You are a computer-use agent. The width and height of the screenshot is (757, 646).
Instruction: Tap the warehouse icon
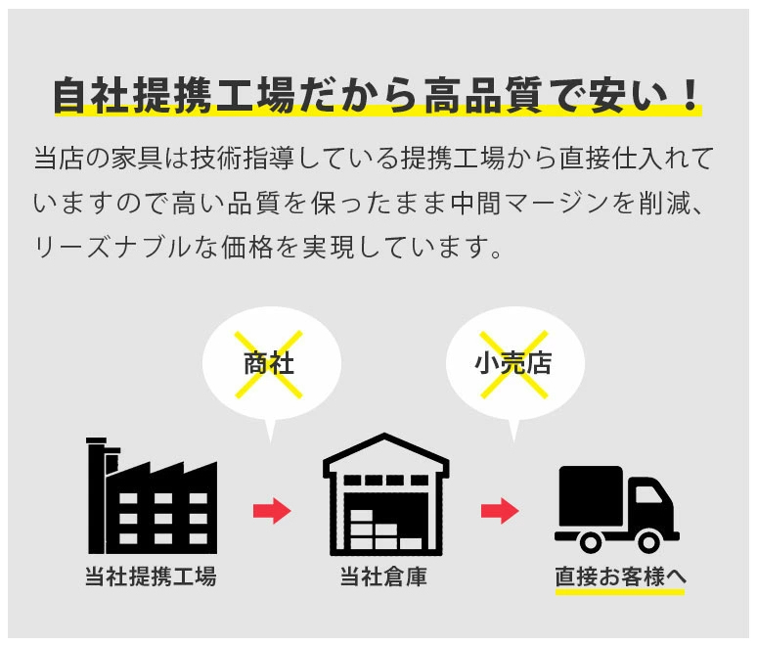click(385, 494)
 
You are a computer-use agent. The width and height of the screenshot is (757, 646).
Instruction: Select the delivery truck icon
click(617, 510)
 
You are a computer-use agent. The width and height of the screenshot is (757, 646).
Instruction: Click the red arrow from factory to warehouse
click(272, 511)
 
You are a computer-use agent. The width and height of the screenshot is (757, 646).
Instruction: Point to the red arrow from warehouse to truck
click(500, 511)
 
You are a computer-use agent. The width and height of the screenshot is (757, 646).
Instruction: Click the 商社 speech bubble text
click(269, 364)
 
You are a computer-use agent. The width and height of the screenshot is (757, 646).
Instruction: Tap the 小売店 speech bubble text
click(513, 364)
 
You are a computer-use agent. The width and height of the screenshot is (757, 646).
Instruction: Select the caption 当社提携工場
click(151, 577)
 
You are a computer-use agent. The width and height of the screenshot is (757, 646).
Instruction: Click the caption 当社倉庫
click(383, 577)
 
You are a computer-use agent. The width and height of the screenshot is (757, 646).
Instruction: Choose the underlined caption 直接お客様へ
click(620, 577)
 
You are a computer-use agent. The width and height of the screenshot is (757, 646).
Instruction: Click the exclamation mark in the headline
click(691, 95)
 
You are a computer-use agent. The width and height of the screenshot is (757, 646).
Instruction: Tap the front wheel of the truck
click(648, 541)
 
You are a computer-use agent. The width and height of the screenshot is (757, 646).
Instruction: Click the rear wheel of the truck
click(590, 541)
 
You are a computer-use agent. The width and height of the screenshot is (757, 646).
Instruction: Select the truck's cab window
click(646, 495)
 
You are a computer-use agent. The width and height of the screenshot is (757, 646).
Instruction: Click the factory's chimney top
click(96, 440)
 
